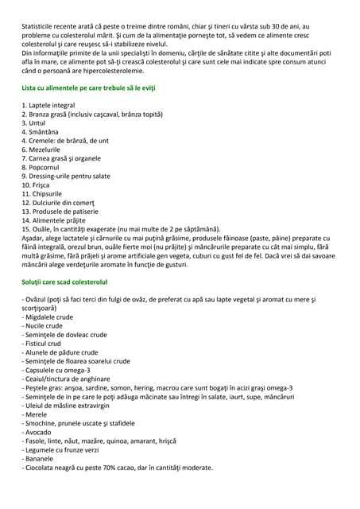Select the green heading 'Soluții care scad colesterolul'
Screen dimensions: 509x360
click(x=65, y=282)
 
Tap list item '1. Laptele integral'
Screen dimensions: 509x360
click(x=49, y=105)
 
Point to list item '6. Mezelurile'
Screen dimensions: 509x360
click(x=43, y=150)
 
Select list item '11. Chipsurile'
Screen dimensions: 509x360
click(x=44, y=193)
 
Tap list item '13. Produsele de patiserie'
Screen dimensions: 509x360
click(x=63, y=211)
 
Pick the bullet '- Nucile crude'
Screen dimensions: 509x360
click(x=45, y=326)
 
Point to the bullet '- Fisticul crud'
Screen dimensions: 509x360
click(x=46, y=344)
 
